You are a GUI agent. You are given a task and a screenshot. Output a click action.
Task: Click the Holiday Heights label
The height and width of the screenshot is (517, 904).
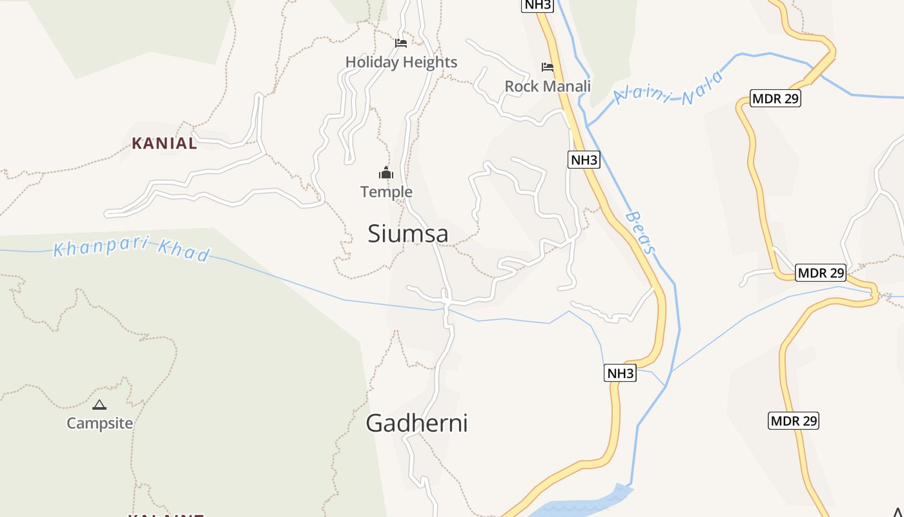401,62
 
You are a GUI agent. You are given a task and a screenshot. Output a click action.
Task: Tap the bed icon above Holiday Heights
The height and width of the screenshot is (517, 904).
401,43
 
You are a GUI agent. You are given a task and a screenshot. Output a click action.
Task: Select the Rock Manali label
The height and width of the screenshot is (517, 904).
548,86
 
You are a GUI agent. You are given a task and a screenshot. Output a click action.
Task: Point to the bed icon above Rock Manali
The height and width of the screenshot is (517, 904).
548,67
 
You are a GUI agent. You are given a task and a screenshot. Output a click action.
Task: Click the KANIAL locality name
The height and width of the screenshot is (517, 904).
164,143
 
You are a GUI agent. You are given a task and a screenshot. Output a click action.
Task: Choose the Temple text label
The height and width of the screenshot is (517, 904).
386,192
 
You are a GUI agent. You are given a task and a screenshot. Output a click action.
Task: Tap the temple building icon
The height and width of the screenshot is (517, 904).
386,173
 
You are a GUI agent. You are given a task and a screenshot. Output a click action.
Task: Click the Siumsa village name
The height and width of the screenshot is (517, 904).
407,233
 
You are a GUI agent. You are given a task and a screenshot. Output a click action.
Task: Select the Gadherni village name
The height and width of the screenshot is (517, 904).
416,423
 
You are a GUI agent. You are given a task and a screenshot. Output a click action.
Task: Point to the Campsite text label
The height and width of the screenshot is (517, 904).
99,423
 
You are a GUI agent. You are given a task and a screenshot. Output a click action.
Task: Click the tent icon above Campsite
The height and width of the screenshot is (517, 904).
99,405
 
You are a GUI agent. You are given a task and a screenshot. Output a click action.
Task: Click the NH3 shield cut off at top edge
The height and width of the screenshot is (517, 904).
537,5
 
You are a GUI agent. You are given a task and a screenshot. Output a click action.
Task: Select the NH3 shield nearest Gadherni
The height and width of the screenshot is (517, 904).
620,373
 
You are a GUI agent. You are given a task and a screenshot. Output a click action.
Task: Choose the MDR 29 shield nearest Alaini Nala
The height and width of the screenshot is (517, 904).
776,99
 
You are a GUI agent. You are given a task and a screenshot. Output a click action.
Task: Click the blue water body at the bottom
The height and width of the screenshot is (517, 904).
581,504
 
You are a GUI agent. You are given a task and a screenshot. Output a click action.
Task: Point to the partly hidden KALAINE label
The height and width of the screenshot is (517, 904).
165,514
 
